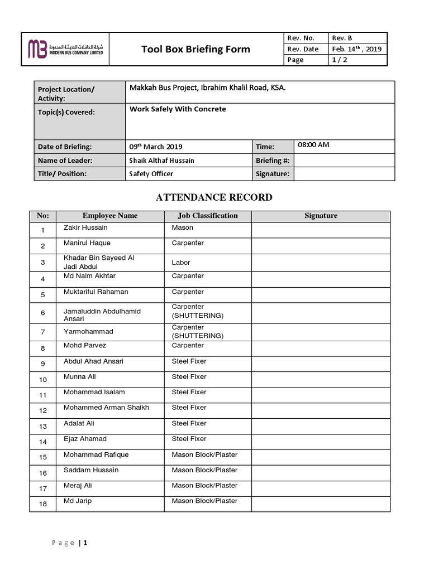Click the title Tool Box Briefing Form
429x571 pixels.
click(196, 49)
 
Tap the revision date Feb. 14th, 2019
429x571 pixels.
click(356, 49)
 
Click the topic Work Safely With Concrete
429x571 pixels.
click(178, 109)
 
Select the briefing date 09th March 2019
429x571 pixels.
click(156, 147)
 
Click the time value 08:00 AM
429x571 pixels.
click(313, 145)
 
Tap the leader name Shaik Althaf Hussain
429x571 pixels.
click(162, 161)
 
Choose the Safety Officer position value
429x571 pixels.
click(151, 174)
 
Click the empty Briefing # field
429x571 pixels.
click(344, 161)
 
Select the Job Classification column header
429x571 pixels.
click(208, 216)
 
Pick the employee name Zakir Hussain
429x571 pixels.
click(86, 228)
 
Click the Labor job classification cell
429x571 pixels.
click(181, 263)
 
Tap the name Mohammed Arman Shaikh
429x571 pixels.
click(106, 408)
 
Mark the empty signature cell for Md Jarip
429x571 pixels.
click(321, 504)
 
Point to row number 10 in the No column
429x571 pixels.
click(43, 380)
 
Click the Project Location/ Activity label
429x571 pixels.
click(66, 94)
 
